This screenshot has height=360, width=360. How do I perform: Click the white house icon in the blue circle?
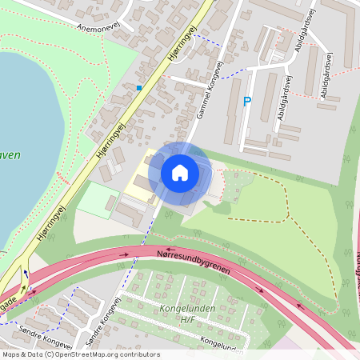[x=180, y=172]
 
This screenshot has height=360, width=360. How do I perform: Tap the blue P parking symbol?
[x=246, y=102]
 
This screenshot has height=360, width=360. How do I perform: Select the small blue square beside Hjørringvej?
[x=139, y=87]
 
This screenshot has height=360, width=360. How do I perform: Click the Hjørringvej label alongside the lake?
[x=113, y=142]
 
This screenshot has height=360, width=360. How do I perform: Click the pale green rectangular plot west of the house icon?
[x=97, y=200]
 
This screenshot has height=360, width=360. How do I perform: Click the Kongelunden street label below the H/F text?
[x=222, y=342]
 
